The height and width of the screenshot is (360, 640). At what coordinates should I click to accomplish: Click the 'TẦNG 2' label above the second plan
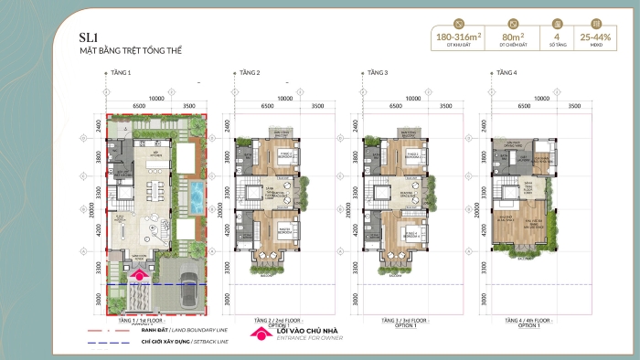pos(250,71)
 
